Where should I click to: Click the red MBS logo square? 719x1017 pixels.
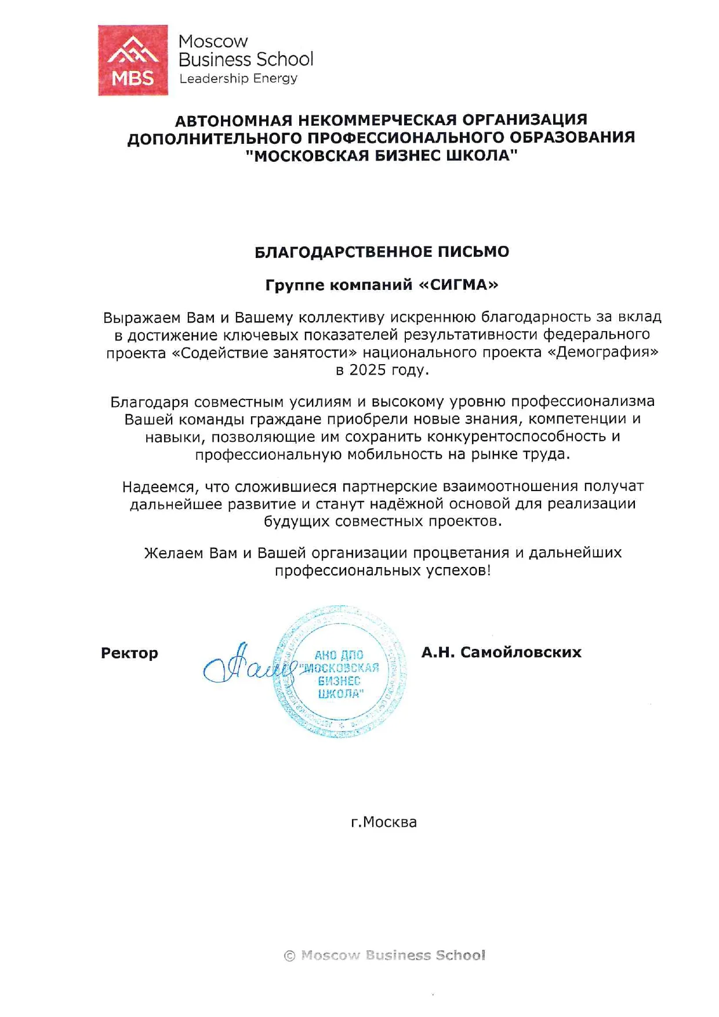133,60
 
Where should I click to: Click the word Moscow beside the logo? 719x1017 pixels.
213,42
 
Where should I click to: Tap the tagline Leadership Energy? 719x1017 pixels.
238,78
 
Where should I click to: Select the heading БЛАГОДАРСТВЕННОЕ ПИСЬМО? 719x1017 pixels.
382,252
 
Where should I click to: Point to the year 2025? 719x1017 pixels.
368,370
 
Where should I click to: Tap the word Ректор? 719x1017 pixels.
129,653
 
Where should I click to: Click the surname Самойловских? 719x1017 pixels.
521,652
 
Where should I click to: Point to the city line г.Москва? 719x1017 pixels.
384,822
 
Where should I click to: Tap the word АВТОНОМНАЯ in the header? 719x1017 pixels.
234,120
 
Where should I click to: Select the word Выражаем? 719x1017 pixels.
141,318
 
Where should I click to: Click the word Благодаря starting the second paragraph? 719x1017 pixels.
150,402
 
